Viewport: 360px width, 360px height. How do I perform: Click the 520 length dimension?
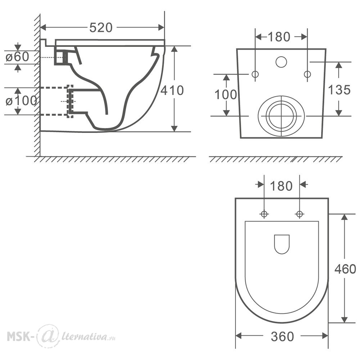(x=101, y=28)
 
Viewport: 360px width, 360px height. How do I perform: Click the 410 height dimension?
(x=172, y=90)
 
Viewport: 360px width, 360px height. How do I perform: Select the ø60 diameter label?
(x=17, y=57)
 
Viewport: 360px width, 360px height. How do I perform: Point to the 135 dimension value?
(x=339, y=90)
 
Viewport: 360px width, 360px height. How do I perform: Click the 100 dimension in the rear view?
(x=226, y=95)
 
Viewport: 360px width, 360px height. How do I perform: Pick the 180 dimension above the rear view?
(x=279, y=37)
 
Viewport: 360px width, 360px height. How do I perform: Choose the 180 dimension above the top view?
(x=281, y=186)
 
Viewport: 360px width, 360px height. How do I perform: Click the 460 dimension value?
(x=345, y=269)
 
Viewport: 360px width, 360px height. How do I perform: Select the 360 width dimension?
(x=282, y=337)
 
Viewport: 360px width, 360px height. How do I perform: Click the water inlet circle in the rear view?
(x=281, y=62)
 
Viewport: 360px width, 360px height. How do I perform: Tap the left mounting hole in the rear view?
(x=255, y=75)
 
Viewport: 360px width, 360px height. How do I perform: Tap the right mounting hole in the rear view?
(x=307, y=75)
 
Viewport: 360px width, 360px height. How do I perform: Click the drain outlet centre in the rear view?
(x=281, y=116)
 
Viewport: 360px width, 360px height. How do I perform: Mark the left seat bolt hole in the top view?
(x=264, y=214)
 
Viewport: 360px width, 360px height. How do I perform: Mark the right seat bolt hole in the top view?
(x=300, y=214)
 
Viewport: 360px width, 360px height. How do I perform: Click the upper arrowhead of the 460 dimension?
(x=344, y=217)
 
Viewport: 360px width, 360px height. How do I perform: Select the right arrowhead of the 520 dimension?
(x=161, y=28)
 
